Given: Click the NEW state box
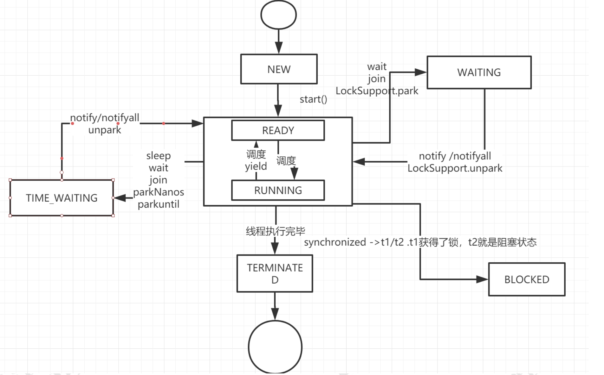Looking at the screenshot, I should tap(279, 69).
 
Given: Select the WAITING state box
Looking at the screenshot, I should tap(479, 72).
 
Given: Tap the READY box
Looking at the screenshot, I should tap(278, 130).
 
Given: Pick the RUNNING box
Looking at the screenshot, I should tap(278, 191).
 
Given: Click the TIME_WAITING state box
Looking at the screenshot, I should tap(62, 198).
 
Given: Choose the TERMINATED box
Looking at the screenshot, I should tap(275, 274).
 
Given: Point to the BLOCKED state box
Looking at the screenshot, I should tap(527, 280).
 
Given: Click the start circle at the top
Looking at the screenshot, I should tap(278, 15).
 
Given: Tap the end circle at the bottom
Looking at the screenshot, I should tap(275, 347).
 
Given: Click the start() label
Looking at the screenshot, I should tap(313, 99).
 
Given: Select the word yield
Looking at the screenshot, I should tap(256, 166).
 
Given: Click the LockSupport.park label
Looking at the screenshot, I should tap(377, 91).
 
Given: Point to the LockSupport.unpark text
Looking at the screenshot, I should tap(455, 168).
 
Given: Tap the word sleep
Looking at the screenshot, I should tap(159, 156).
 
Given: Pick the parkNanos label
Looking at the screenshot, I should tap(159, 192).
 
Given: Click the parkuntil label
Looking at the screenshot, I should tap(159, 204).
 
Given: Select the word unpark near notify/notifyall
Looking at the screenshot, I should tap(105, 130).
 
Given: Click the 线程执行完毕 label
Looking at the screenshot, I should tap(275, 231).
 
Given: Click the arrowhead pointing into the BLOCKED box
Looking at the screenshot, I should tap(482, 279).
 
